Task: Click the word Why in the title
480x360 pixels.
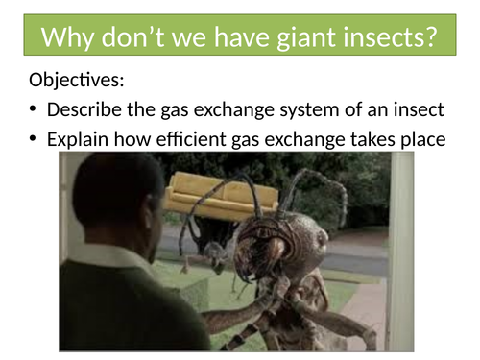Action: click(67, 38)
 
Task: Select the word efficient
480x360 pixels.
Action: click(188, 139)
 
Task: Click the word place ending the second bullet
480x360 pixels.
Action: click(424, 139)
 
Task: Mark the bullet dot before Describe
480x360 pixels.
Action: click(33, 110)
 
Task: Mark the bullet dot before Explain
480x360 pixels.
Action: click(33, 140)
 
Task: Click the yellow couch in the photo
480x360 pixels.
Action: click(221, 197)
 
